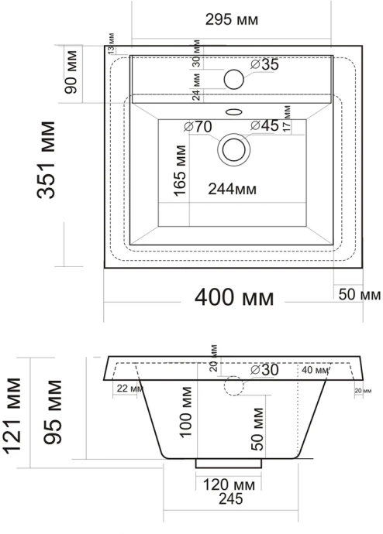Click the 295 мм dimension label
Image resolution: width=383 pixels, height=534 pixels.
coord(233,18)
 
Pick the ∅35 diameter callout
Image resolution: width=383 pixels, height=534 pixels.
coord(265,65)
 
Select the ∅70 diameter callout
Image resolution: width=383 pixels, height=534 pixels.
coord(198,127)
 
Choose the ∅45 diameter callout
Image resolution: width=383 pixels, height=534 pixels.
coord(264,126)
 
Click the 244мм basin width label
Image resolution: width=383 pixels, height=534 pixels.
coord(233,188)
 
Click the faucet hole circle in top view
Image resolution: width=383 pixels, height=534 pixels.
coord(233,78)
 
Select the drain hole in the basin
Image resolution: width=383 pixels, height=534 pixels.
coord(233,149)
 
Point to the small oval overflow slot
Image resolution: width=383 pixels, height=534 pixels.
coord(233,110)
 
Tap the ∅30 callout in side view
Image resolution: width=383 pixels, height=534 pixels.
coord(264,371)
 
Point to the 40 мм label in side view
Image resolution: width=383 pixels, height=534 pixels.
coord(317,371)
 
